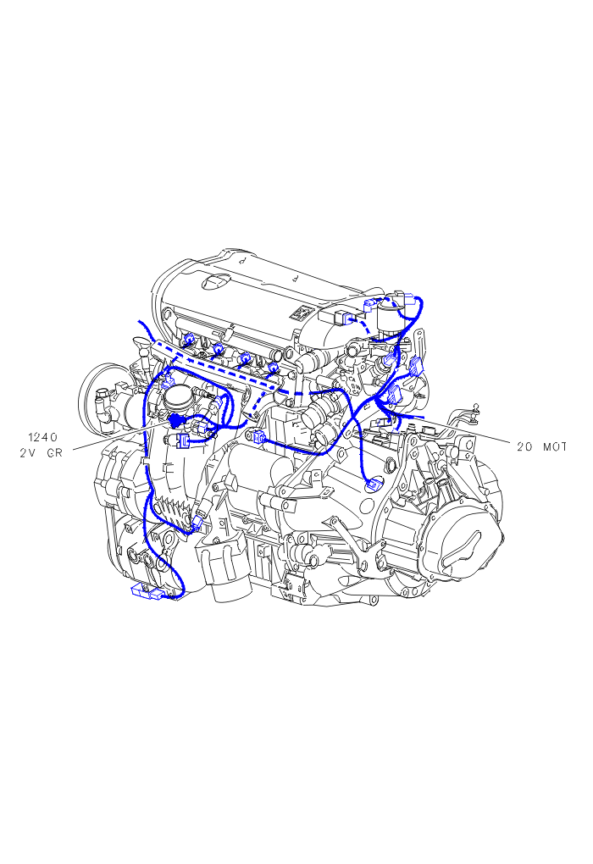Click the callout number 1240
pos(43,438)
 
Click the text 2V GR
pos(42,453)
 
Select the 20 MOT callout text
pos(542,447)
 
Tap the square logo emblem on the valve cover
pos(302,313)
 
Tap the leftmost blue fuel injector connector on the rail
pos(189,340)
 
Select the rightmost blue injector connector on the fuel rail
pos(272,368)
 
